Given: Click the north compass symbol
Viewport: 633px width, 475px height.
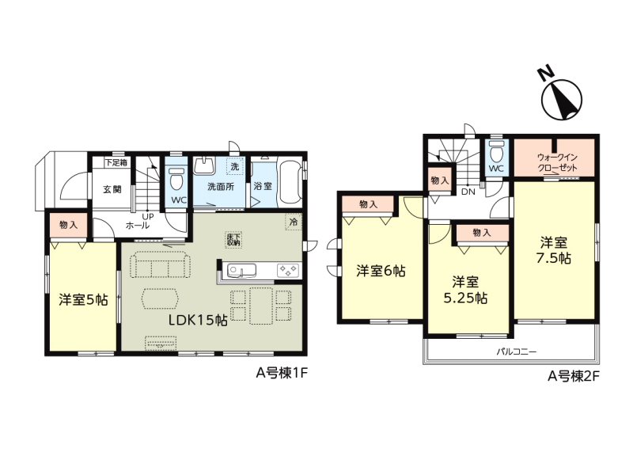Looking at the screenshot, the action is tap(561, 97).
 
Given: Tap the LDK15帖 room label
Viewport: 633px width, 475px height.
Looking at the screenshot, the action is tap(198, 320).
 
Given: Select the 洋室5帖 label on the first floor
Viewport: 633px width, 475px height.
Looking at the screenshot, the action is tap(83, 300).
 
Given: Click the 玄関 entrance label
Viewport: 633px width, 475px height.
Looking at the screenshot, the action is tap(112, 188).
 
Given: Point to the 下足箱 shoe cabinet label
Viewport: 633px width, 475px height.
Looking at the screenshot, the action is tap(116, 162).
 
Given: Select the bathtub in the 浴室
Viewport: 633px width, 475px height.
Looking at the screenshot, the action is tap(289, 184).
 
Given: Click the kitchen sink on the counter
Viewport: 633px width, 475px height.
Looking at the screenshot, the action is tap(241, 270).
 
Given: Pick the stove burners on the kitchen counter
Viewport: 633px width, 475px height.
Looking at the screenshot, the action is tap(288, 270).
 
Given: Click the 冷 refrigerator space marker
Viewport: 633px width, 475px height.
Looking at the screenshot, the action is tap(294, 222).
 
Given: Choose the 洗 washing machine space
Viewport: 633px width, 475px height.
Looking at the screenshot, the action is tap(235, 166).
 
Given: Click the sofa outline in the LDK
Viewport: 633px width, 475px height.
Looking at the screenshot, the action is tap(161, 264).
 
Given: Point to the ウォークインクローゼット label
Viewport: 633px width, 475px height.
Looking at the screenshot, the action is tap(557, 163).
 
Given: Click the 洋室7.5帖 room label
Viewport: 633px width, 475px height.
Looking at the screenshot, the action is tap(554, 251).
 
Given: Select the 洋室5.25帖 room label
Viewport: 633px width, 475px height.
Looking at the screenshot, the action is tap(465, 290).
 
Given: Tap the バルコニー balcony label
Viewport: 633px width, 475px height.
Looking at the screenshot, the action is tap(517, 351).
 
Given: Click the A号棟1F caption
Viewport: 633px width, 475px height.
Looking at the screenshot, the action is tap(282, 373).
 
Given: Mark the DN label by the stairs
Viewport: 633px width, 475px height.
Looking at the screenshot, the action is tap(468, 192).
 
